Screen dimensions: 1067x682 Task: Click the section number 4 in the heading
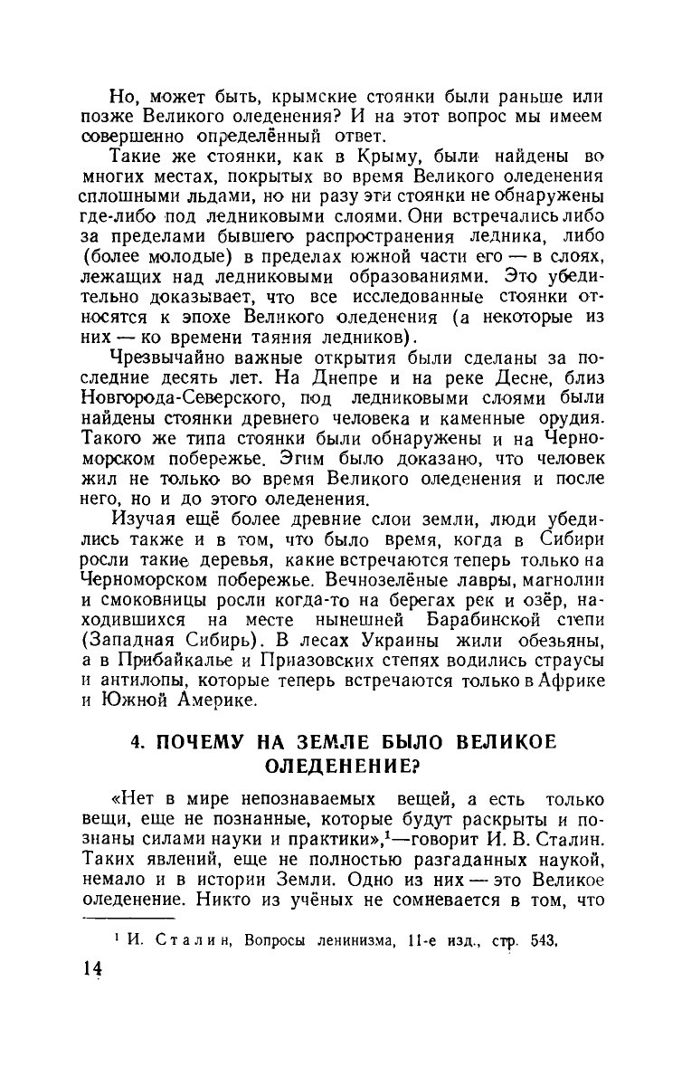coord(137,741)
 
